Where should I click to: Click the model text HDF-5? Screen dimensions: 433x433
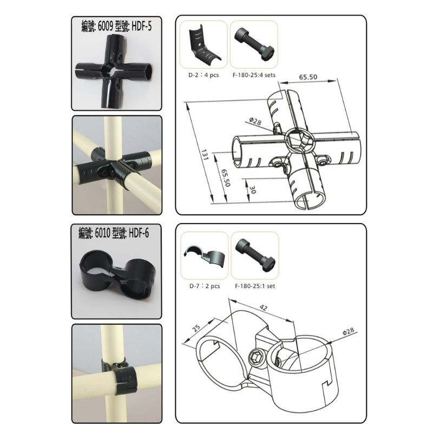click(x=142, y=26)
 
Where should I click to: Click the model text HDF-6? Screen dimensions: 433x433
click(x=139, y=233)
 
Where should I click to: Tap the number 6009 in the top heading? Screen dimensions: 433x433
click(x=105, y=27)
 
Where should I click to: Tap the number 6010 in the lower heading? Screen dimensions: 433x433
click(x=102, y=233)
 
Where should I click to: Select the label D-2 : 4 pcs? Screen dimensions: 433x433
click(x=204, y=75)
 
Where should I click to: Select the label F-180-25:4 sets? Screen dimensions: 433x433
click(x=254, y=75)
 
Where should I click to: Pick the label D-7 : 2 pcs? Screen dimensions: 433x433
click(x=205, y=286)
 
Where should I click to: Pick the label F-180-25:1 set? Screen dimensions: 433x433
click(x=255, y=286)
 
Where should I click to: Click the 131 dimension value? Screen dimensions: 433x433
click(x=205, y=155)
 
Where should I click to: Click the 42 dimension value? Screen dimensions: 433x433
click(x=264, y=307)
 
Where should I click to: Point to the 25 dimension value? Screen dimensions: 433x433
click(x=196, y=328)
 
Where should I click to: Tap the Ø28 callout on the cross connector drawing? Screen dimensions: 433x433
click(x=255, y=121)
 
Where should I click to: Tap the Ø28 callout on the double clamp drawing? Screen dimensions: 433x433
click(x=348, y=331)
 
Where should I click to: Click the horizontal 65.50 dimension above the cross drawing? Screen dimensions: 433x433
click(x=308, y=77)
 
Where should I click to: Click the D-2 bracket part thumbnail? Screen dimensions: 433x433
click(x=204, y=44)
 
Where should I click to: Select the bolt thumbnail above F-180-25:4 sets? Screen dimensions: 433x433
click(x=254, y=44)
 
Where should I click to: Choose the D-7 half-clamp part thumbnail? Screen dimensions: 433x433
click(x=205, y=255)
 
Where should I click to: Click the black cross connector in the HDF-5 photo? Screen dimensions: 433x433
click(x=114, y=70)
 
